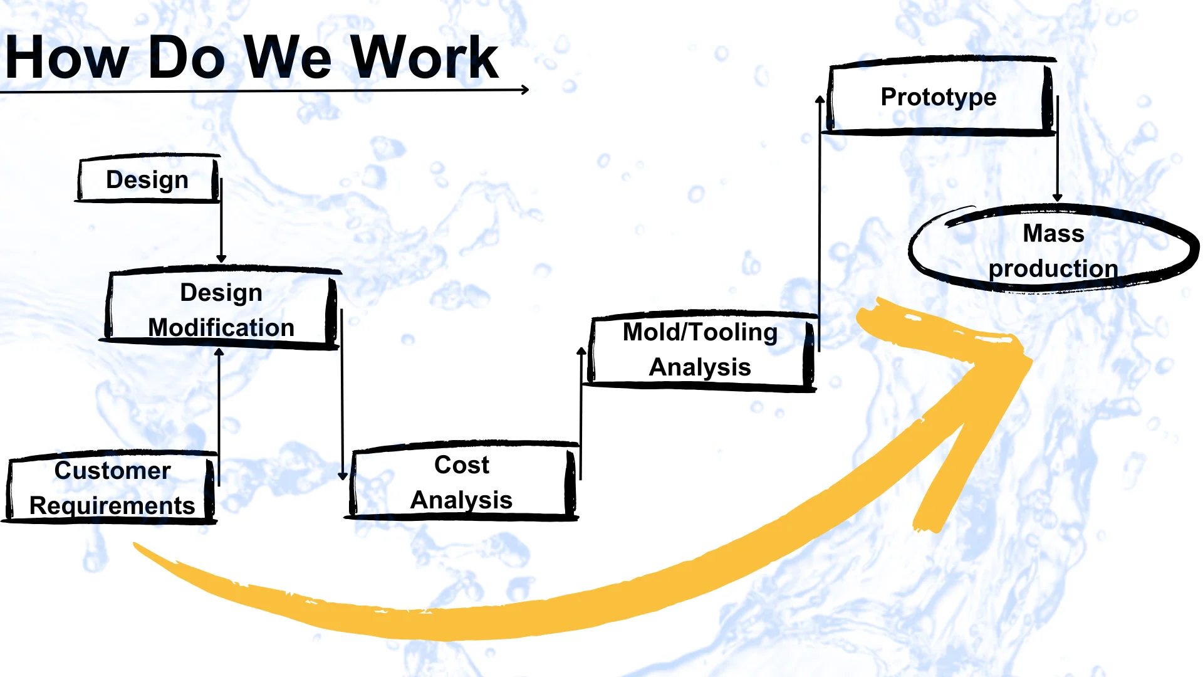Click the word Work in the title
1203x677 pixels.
[424, 58]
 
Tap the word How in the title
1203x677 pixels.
[66, 58]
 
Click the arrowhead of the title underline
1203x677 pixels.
[525, 90]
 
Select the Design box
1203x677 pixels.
[148, 179]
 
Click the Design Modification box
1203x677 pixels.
[221, 309]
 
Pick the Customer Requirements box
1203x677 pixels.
[112, 488]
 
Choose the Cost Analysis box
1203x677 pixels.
[462, 482]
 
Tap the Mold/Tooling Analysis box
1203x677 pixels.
[700, 350]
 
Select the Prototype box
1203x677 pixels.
[939, 97]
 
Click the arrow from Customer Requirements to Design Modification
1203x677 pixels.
[219, 414]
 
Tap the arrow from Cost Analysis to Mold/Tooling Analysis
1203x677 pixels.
[581, 414]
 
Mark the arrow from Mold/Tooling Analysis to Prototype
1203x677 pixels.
[820, 219]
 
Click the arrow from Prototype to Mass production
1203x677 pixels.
[1058, 150]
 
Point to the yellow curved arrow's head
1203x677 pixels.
[977, 376]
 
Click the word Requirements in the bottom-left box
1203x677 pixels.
[112, 505]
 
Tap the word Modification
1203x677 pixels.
[221, 327]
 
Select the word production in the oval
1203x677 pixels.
[1053, 268]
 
